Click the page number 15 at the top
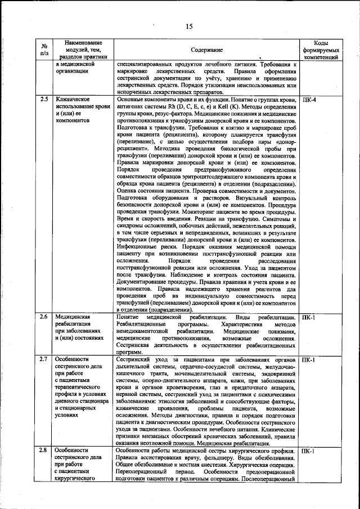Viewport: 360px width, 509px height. coord(188,25)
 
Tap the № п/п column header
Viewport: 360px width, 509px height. coord(44,51)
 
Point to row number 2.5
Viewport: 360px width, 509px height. coord(44,99)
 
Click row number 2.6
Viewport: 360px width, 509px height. coord(44,318)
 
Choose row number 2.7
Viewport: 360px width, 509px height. coord(44,359)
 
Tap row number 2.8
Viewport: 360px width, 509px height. coord(44,451)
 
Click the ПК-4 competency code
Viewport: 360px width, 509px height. coord(309,99)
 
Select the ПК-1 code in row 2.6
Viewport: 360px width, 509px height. coord(309,318)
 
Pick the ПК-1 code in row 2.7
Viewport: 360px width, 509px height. coord(309,359)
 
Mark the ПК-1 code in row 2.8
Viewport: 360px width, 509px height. coord(309,451)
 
